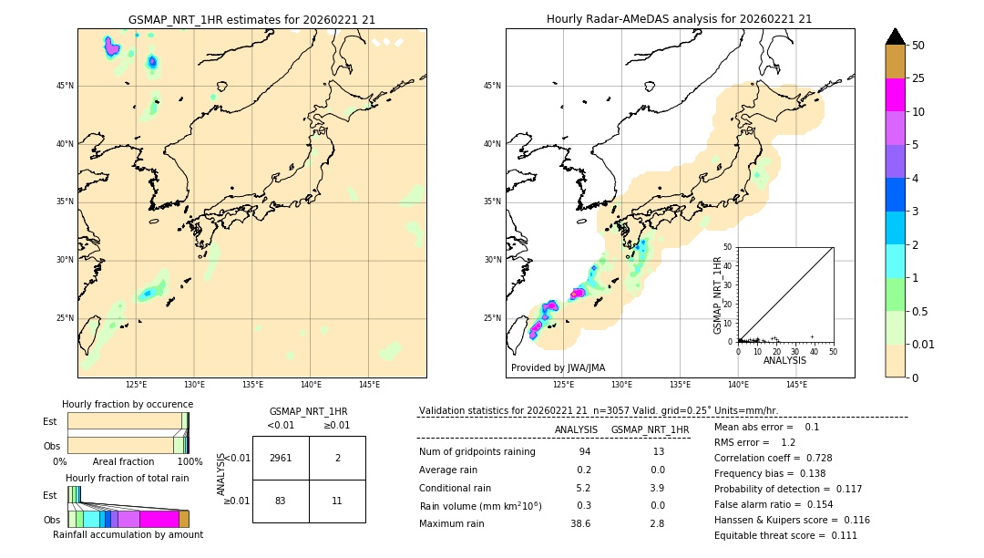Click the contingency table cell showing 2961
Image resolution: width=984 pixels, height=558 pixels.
(x=281, y=458)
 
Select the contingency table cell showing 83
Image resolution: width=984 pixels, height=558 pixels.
(x=281, y=501)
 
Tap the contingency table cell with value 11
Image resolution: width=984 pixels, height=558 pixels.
(x=337, y=501)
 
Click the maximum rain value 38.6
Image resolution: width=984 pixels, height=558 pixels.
(x=580, y=523)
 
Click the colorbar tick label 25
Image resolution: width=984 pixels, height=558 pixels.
(x=918, y=78)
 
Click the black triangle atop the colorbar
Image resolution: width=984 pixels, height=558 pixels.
(x=896, y=36)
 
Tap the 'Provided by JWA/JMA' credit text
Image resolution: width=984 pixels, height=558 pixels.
(x=558, y=367)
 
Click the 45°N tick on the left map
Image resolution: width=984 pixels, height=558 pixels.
(x=65, y=86)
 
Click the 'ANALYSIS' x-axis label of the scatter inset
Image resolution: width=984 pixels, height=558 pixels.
(x=784, y=360)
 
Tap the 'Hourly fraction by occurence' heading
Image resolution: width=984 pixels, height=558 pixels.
(x=128, y=404)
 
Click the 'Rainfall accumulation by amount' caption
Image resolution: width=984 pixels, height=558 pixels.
(x=128, y=534)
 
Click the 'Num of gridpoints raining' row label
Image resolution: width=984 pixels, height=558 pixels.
(x=477, y=451)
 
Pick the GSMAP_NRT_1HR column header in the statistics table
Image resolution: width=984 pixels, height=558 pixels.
(x=650, y=429)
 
